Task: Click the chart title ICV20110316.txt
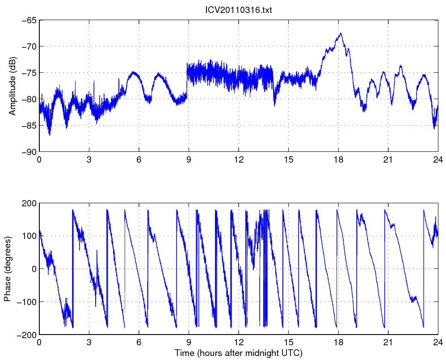pos(238,10)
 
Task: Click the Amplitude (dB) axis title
pos(12,86)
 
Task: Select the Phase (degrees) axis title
pos(8,269)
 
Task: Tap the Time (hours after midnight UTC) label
pos(238,353)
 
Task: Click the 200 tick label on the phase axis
pos(29,203)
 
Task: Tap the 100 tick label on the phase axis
pos(29,236)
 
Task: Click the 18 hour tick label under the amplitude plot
pos(338,159)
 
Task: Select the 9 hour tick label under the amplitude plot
pos(189,159)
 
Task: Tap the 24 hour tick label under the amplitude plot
pos(438,159)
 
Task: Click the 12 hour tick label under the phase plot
pos(239,342)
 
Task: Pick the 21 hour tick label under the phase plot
pos(388,342)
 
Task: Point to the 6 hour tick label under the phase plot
pos(139,342)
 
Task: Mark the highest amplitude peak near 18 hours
pos(341,33)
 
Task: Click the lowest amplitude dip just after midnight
pos(50,135)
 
